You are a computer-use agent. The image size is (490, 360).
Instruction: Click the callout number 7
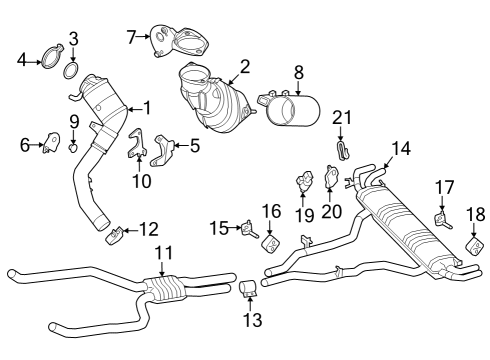[131, 36]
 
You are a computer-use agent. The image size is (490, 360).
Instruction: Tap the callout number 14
[400, 148]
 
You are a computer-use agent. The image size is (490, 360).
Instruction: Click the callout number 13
[252, 320]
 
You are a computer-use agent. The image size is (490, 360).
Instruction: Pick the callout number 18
[476, 213]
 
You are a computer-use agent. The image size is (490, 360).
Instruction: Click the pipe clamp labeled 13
[249, 290]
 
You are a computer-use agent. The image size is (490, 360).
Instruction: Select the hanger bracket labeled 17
[440, 218]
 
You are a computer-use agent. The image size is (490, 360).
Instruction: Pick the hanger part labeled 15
[243, 231]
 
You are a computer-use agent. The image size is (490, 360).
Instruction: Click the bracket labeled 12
[117, 236]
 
